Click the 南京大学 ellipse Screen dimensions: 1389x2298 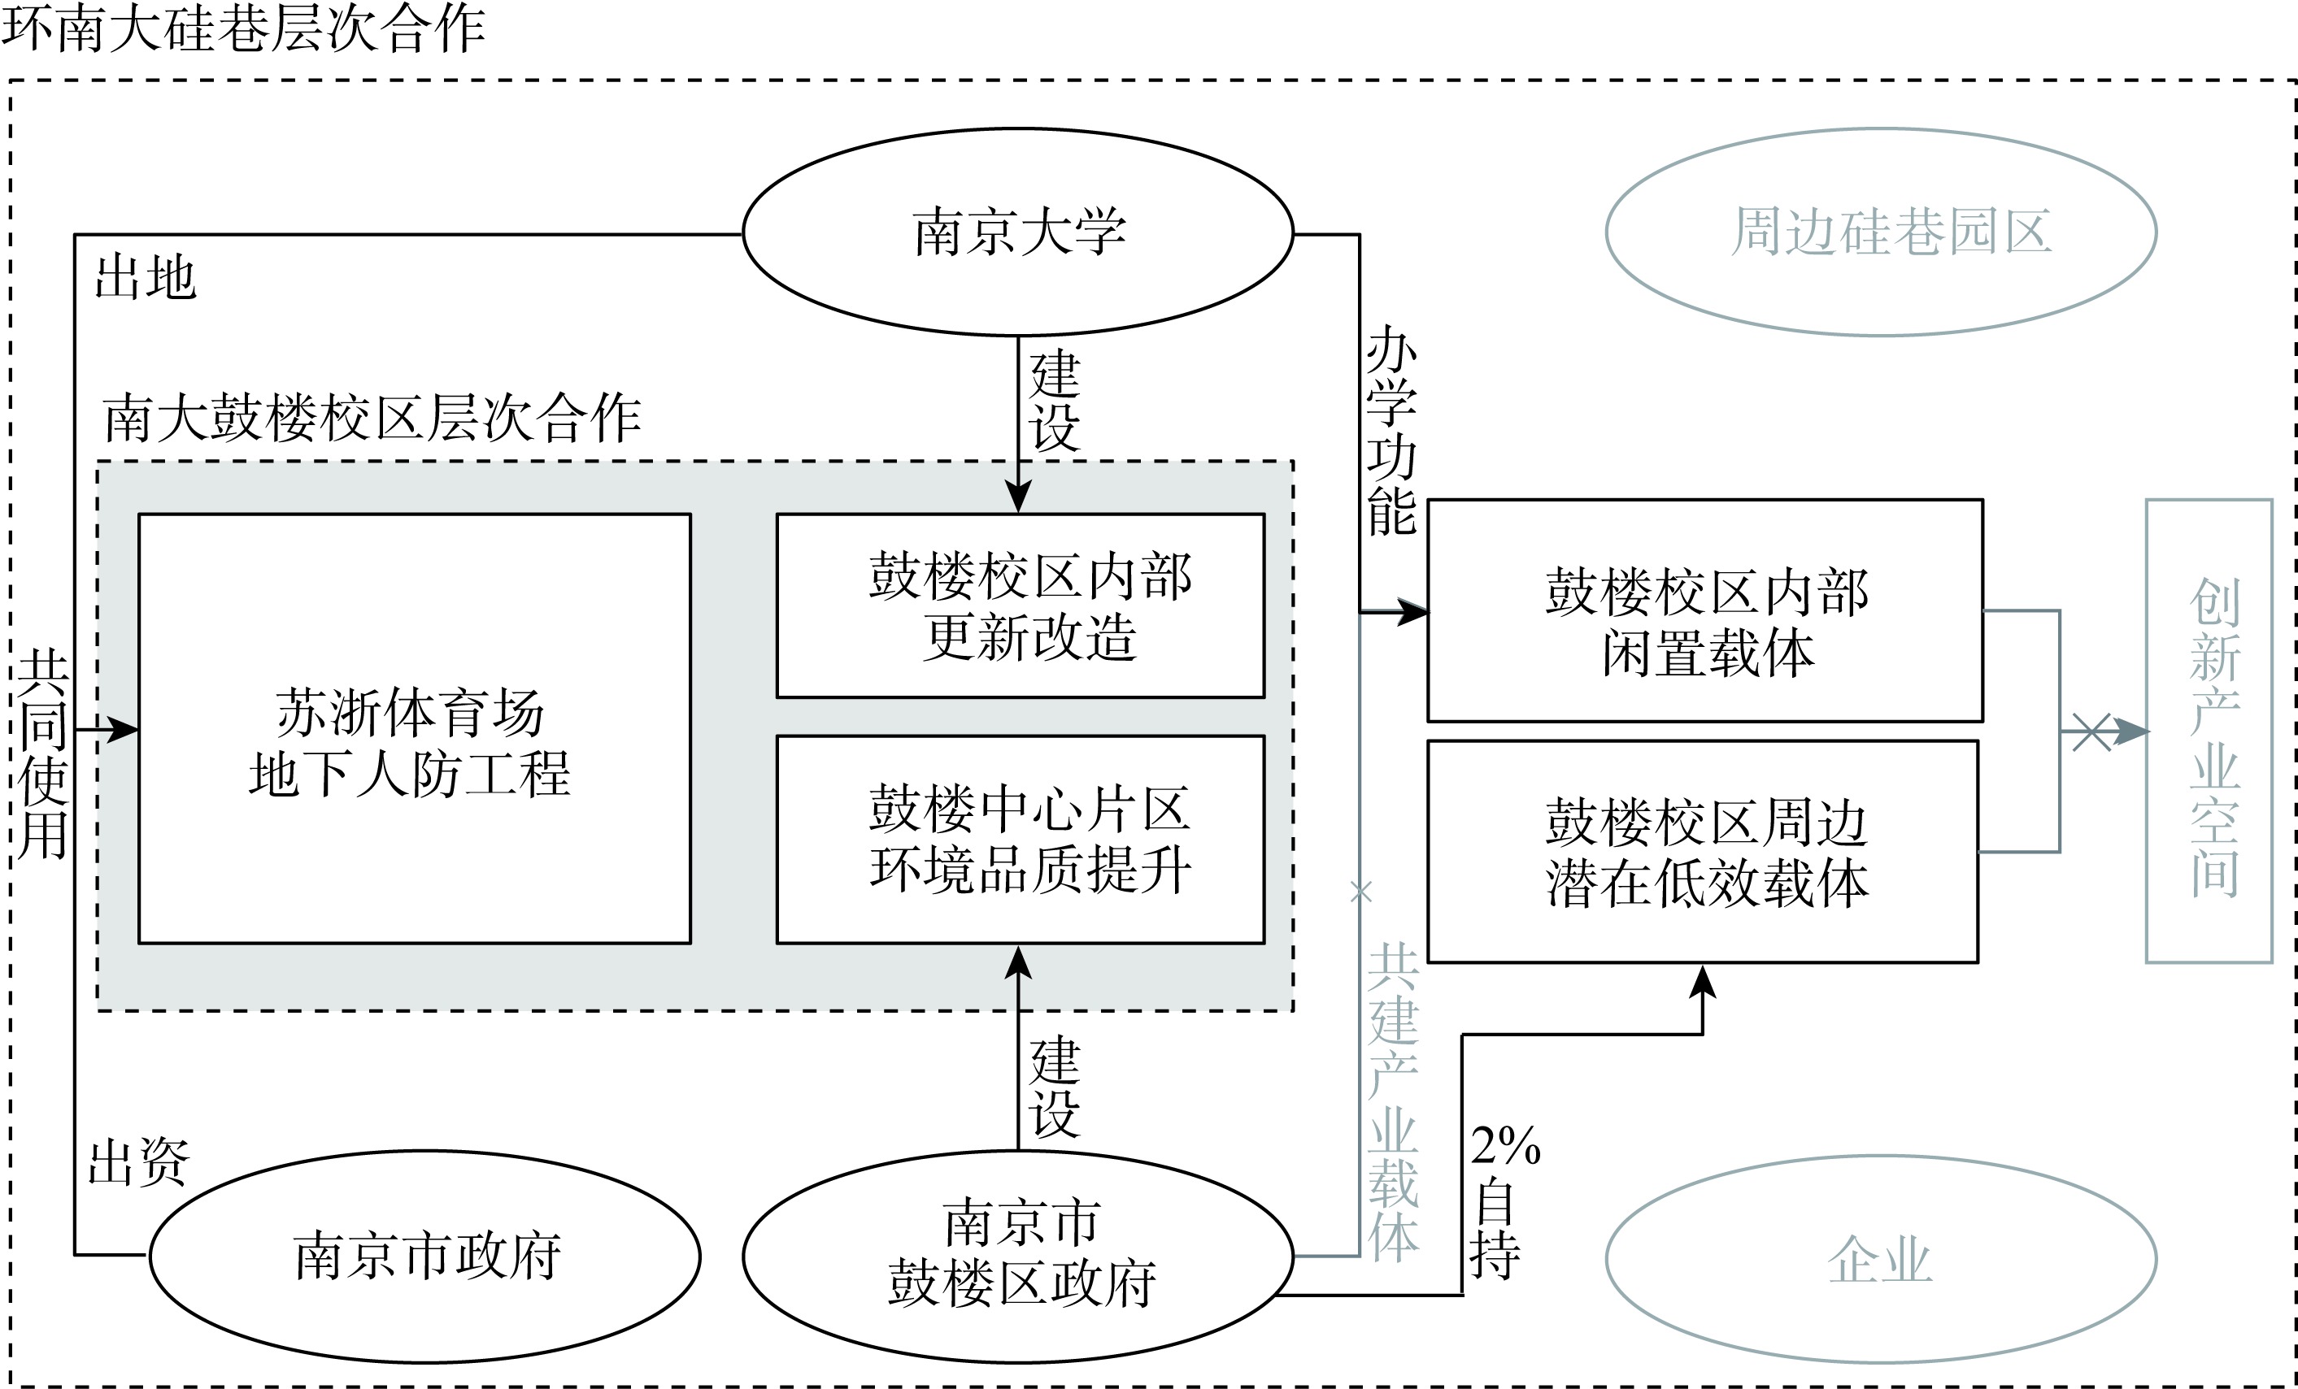pyautogui.click(x=1017, y=232)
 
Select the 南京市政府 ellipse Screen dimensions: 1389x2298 pyautogui.click(x=425, y=1256)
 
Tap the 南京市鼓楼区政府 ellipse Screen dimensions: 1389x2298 pyautogui.click(x=1017, y=1256)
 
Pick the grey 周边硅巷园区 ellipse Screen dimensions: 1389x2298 pyautogui.click(x=1880, y=232)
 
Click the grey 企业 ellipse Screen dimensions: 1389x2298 pyautogui.click(x=1880, y=1260)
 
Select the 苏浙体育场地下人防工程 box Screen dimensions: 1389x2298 pyautogui.click(x=414, y=728)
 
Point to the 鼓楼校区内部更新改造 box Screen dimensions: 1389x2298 pyautogui.click(x=1021, y=606)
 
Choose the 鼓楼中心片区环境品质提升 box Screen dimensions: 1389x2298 pyautogui.click(x=1021, y=839)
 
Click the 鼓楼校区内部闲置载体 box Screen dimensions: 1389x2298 pyautogui.click(x=1705, y=610)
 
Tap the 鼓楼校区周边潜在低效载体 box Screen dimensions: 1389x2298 pyautogui.click(x=1703, y=851)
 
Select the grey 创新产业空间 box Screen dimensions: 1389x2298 pyautogui.click(x=2209, y=731)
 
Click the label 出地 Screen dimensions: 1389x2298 pyautogui.click(x=146, y=279)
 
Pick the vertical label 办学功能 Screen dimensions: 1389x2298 pyautogui.click(x=1391, y=431)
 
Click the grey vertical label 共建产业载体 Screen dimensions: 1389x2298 pyautogui.click(x=1393, y=1102)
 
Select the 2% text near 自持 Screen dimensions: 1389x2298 pyautogui.click(x=1505, y=1147)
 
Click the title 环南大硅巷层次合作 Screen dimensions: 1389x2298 pyautogui.click(x=242, y=28)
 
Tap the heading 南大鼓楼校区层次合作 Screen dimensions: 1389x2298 pyautogui.click(x=371, y=418)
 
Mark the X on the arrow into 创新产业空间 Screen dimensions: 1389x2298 pyautogui.click(x=2091, y=731)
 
